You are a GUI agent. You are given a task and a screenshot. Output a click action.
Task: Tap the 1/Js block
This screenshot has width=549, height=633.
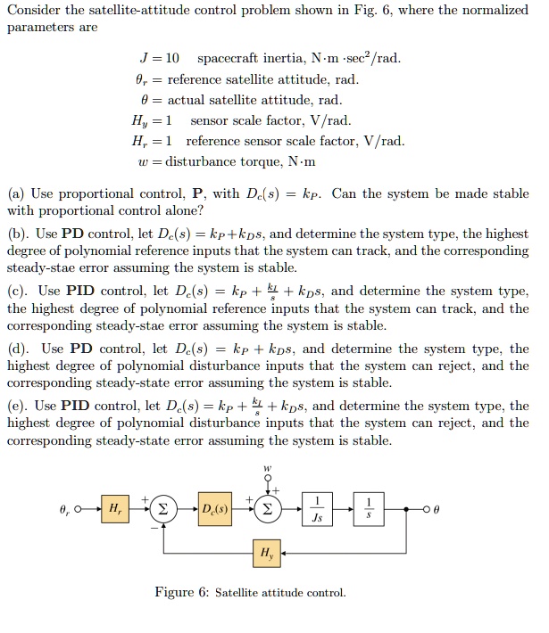(x=317, y=510)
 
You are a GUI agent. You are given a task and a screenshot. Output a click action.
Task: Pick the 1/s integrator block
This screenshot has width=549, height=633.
(x=372, y=510)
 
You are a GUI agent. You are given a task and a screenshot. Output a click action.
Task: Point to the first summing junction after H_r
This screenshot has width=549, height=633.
(x=163, y=510)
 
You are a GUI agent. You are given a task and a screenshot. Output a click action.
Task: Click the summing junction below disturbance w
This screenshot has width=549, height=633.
(x=266, y=510)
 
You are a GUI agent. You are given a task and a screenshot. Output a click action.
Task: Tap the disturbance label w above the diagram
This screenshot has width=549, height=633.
(x=266, y=469)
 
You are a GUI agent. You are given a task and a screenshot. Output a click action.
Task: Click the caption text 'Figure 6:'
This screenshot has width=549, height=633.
(x=182, y=592)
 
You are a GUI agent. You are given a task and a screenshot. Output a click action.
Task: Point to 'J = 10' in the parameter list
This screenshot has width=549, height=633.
(x=155, y=59)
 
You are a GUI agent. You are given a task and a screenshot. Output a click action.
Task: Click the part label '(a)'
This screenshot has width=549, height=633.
(x=15, y=193)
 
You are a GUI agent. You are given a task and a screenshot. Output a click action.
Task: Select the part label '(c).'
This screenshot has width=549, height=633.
(x=18, y=291)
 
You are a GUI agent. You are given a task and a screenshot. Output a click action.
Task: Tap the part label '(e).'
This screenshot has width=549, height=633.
(x=18, y=407)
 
